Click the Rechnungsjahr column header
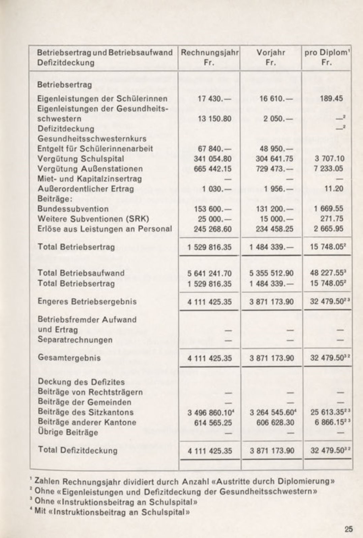(210, 52)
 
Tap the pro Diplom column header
(326, 52)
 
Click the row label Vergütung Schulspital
(81, 158)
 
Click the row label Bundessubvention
(73, 209)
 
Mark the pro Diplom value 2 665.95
(328, 229)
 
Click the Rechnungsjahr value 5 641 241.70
(210, 273)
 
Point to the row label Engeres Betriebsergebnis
(87, 301)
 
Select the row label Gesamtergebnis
(69, 357)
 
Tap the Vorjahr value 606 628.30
(272, 422)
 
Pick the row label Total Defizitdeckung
(78, 450)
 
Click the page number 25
(349, 529)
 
